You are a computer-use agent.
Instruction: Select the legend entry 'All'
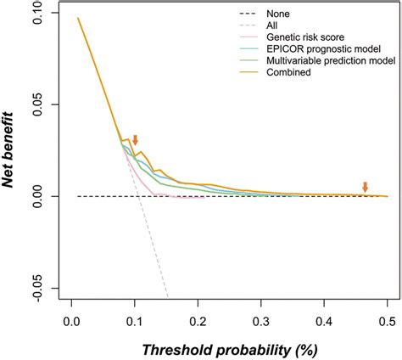282,26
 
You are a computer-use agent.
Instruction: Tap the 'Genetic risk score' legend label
311,38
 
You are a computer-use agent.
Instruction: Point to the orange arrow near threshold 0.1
135,140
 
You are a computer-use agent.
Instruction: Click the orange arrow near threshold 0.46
366,188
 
